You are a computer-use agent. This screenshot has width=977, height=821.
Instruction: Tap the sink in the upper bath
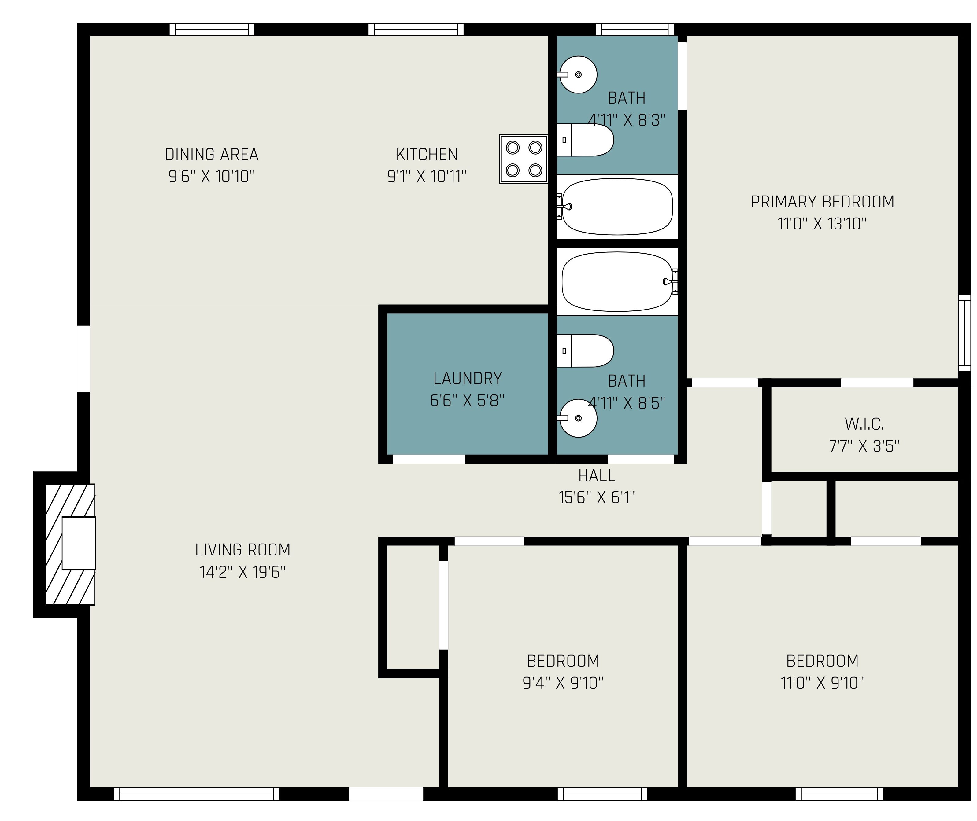click(577, 75)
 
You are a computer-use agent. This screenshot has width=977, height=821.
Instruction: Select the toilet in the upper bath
click(585, 140)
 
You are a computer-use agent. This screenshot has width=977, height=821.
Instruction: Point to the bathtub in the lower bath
click(617, 282)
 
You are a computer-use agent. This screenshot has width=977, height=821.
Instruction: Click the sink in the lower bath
click(577, 418)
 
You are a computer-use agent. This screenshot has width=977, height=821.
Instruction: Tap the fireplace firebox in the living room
click(79, 543)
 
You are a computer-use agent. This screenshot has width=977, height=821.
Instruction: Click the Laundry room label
click(468, 378)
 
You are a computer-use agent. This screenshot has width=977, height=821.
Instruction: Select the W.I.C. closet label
click(864, 424)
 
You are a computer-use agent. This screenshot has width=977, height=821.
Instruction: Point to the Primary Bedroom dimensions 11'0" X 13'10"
click(822, 224)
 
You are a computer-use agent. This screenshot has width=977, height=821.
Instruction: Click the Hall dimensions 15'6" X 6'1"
click(597, 497)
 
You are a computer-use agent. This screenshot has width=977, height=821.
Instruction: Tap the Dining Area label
click(212, 154)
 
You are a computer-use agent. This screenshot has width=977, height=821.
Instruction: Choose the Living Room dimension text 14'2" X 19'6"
click(242, 572)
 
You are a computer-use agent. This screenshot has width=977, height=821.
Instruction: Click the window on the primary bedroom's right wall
click(964, 333)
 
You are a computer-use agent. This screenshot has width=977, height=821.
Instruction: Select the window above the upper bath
click(635, 29)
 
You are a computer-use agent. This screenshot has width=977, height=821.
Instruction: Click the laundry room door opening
click(429, 459)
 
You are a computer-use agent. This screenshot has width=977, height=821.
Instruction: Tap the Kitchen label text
click(427, 154)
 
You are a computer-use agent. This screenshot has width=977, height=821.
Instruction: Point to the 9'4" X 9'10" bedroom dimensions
click(563, 683)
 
